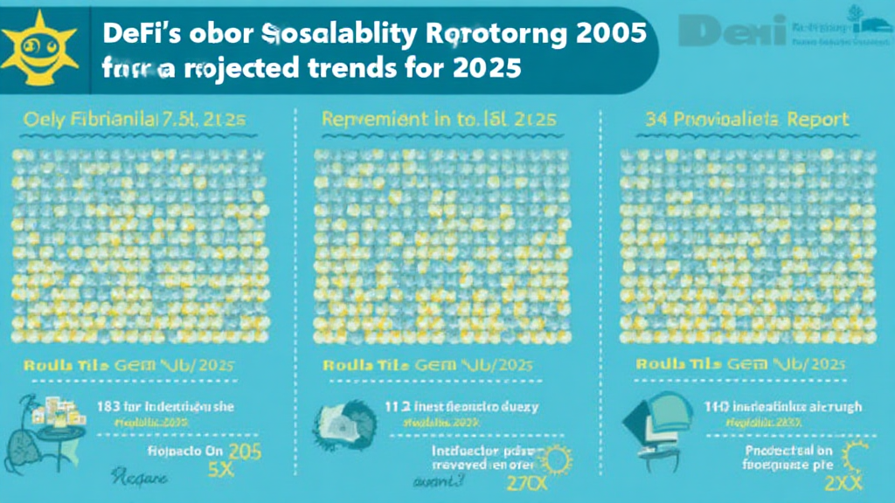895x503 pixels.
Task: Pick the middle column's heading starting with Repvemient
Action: click(429, 119)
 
